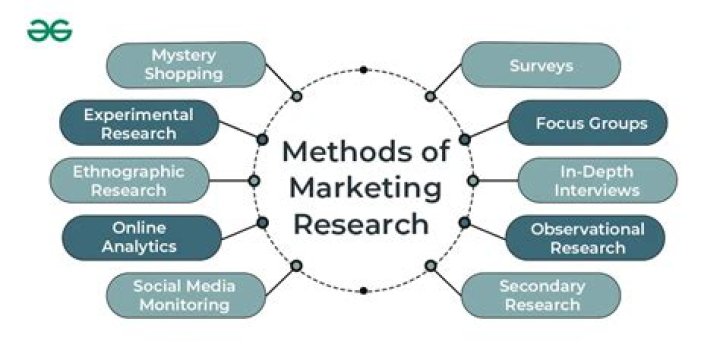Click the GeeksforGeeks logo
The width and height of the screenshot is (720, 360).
pyautogui.click(x=50, y=31)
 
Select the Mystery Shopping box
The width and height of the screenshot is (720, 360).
pyautogui.click(x=186, y=65)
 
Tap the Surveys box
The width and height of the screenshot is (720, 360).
pyautogui.click(x=541, y=65)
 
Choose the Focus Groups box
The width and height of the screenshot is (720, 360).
pyautogui.click(x=588, y=123)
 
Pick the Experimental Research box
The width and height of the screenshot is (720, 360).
pyautogui.click(x=139, y=123)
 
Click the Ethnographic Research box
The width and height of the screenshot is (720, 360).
pyautogui.click(x=129, y=180)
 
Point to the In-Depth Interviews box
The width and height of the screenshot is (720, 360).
pyautogui.click(x=597, y=180)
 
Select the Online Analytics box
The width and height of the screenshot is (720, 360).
pyautogui.click(x=142, y=237)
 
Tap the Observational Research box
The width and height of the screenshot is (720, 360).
pyautogui.click(x=585, y=237)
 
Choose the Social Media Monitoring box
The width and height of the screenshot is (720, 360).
pyautogui.click(x=186, y=295)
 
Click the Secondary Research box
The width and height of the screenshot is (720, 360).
pyautogui.click(x=541, y=295)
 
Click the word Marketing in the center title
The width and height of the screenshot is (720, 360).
pyautogui.click(x=365, y=188)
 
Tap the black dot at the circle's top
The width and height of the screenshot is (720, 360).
pyautogui.click(x=363, y=70)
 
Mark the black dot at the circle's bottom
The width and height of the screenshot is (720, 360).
pyautogui.click(x=363, y=290)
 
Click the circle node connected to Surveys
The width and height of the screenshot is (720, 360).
pyautogui.click(x=430, y=96)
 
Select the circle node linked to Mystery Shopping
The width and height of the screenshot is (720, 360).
pyautogui.click(x=297, y=96)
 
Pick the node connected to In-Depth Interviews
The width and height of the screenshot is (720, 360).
pyautogui.click(x=473, y=180)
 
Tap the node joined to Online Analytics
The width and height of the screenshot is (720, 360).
pyautogui.click(x=262, y=223)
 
